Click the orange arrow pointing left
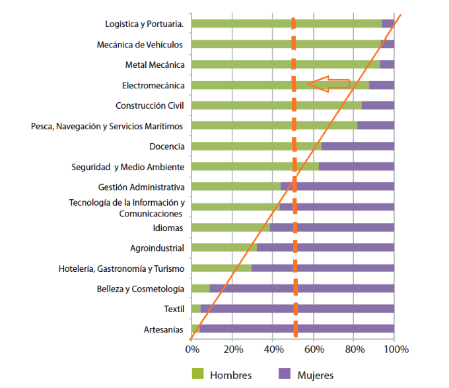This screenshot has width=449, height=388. tap(329, 83)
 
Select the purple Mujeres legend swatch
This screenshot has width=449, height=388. tap(286, 374)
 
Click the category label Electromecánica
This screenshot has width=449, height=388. tap(153, 85)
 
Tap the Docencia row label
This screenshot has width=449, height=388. tap(167, 146)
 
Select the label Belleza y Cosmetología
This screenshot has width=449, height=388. tap(140, 289)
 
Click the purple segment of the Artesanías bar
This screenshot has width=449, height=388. tap(297, 329)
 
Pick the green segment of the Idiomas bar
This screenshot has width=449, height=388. tap(230, 228)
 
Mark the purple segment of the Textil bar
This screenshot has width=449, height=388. tap(297, 308)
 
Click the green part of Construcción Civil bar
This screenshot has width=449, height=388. tap(264, 106)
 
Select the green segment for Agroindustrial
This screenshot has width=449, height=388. tap(224, 248)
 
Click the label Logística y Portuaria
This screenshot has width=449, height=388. tap(145, 24)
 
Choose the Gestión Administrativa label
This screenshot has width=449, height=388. tap(141, 187)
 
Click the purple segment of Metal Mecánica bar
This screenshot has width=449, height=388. tap(387, 65)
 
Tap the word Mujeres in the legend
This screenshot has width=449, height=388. tap(316, 375)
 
